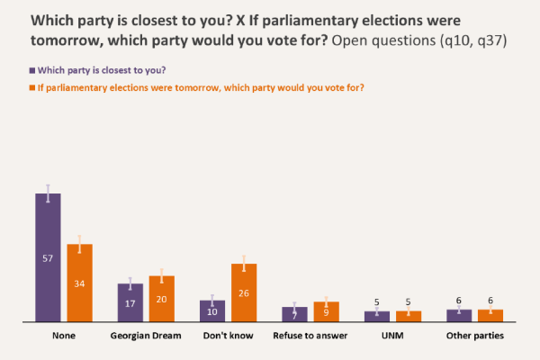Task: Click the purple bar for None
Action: [48, 256]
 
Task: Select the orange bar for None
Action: [80, 283]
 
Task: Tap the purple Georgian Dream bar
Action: [130, 302]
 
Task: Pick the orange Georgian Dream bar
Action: [162, 299]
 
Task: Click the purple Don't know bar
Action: [212, 310]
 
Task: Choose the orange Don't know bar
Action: [244, 292]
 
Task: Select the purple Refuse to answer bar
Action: [294, 314]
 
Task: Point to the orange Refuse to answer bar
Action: [326, 311]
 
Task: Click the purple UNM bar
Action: [377, 316]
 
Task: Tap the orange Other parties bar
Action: [490, 315]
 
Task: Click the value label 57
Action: [48, 259]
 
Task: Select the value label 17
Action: [130, 304]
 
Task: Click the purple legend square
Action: [32, 69]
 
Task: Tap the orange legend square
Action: [32, 87]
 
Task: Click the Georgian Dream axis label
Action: [146, 336]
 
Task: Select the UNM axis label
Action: [392, 336]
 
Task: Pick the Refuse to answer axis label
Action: [310, 336]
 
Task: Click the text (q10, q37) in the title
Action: [465, 42]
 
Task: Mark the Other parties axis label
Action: [474, 336]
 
